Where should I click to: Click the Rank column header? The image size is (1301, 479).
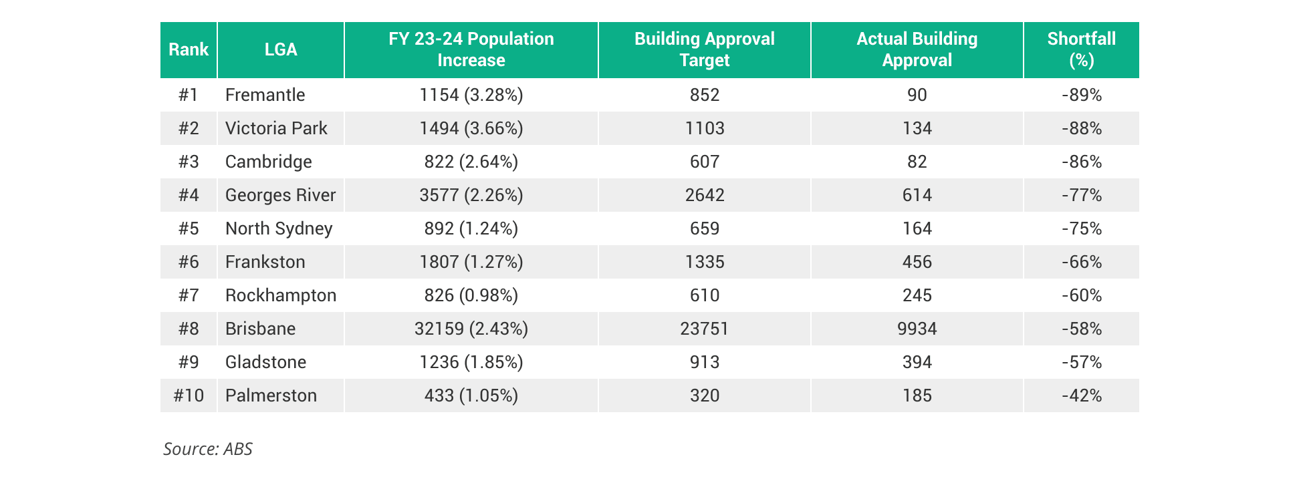189,50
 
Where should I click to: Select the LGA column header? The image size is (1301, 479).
281,50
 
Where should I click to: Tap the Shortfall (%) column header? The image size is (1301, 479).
1081,50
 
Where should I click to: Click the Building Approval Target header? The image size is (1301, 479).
704,50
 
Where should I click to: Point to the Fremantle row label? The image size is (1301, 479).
265,95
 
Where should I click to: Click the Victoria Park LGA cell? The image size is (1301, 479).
276,128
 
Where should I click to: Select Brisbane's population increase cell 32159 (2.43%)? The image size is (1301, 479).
471,329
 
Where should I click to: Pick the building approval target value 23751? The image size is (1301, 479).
704,329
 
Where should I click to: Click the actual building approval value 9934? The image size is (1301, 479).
917,329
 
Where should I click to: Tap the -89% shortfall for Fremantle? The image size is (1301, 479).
1081,95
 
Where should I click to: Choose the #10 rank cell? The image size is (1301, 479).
189,395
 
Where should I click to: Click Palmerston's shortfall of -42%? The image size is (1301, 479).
1081,395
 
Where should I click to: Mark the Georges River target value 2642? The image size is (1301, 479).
704,195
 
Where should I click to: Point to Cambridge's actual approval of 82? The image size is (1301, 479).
917,162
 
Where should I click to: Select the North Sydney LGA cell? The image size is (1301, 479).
279,228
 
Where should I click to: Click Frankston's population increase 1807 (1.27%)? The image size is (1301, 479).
471,262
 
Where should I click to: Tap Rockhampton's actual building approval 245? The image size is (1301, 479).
917,295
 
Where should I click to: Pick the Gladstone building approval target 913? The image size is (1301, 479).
704,362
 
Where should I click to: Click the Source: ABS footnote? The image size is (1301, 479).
208,449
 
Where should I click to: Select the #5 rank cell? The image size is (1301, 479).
189,228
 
